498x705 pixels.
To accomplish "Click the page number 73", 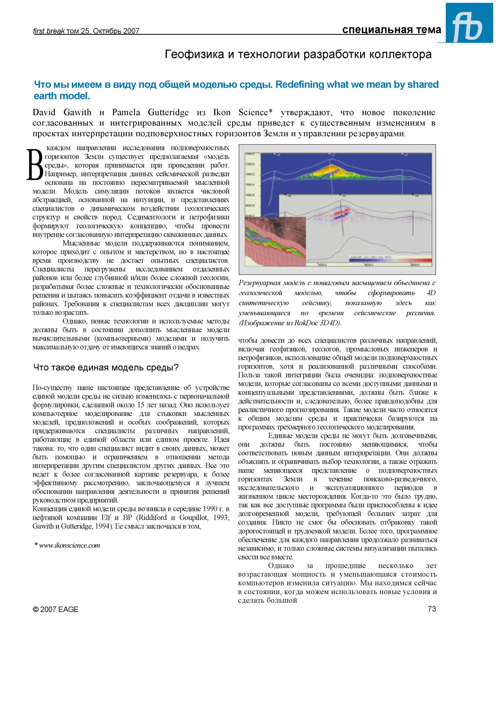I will (431, 609).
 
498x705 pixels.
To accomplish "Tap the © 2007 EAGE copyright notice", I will (55, 609).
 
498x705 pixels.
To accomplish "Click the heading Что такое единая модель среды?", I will (106, 367).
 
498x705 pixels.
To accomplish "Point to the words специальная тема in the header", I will (391, 30).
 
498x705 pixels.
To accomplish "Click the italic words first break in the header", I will (49, 31).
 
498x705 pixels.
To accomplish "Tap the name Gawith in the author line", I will (77, 112).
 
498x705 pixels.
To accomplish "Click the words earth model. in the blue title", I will (62, 96).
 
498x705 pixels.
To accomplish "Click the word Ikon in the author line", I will (222, 112).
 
